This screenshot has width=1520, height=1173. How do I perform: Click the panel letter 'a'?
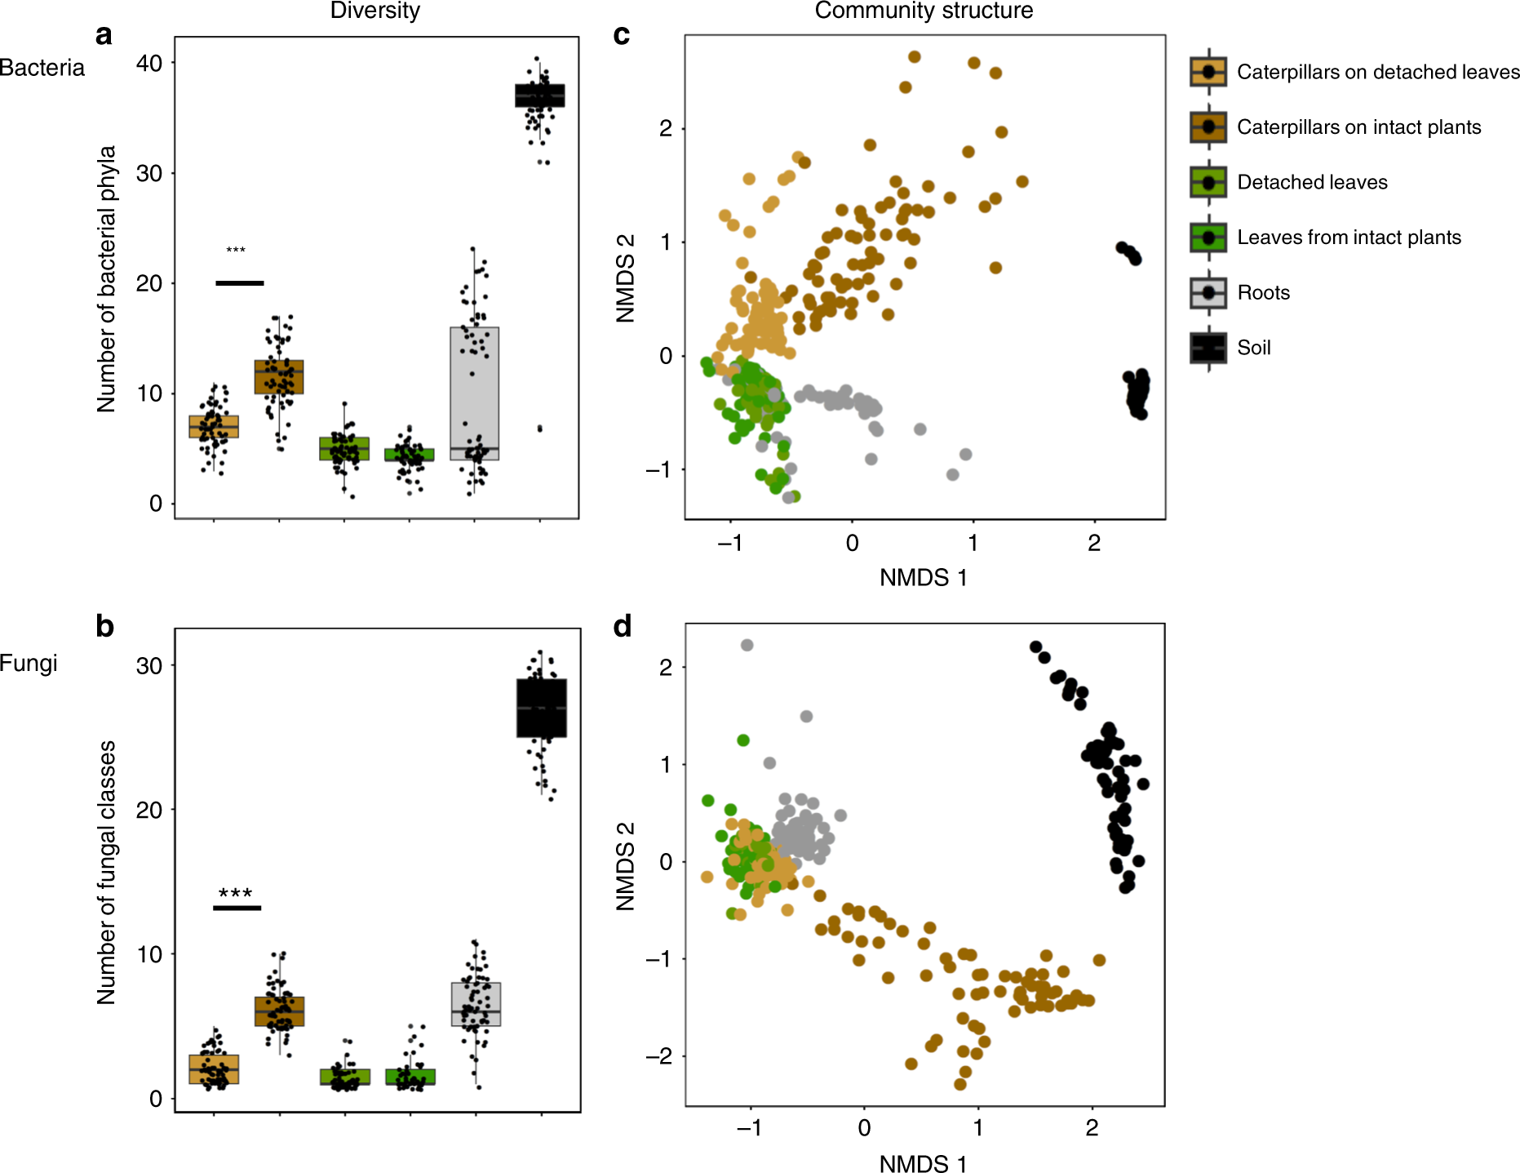pyautogui.click(x=104, y=35)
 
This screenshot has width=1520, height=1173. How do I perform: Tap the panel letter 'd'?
pyautogui.click(x=623, y=627)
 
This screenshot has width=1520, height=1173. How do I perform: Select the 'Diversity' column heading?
pyautogui.click(x=374, y=11)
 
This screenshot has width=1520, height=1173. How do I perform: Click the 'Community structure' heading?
pyautogui.click(x=923, y=11)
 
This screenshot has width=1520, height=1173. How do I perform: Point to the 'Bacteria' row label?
pyautogui.click(x=42, y=68)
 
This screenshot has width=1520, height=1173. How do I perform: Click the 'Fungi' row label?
pyautogui.click(x=29, y=663)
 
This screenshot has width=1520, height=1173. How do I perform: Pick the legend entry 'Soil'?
pyautogui.click(x=1253, y=348)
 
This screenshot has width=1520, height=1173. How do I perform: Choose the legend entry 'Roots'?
pyautogui.click(x=1263, y=293)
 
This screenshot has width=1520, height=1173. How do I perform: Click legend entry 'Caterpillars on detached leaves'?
pyautogui.click(x=1377, y=72)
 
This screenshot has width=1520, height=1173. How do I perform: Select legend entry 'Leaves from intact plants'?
pyautogui.click(x=1348, y=238)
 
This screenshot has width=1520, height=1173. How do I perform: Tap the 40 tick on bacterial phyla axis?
pyautogui.click(x=149, y=64)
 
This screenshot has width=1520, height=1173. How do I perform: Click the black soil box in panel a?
pyautogui.click(x=539, y=96)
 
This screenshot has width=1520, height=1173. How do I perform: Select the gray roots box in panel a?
pyautogui.click(x=474, y=392)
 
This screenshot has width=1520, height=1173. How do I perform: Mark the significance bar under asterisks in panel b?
pyautogui.click(x=237, y=908)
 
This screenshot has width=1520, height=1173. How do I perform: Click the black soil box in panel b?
pyautogui.click(x=542, y=708)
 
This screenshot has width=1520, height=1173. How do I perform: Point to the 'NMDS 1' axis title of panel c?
pyautogui.click(x=923, y=578)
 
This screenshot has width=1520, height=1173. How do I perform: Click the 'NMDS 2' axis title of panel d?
pyautogui.click(x=625, y=866)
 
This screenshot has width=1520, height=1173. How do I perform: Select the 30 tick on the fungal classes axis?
pyautogui.click(x=149, y=666)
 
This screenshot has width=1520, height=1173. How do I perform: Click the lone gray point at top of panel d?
pyautogui.click(x=747, y=645)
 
